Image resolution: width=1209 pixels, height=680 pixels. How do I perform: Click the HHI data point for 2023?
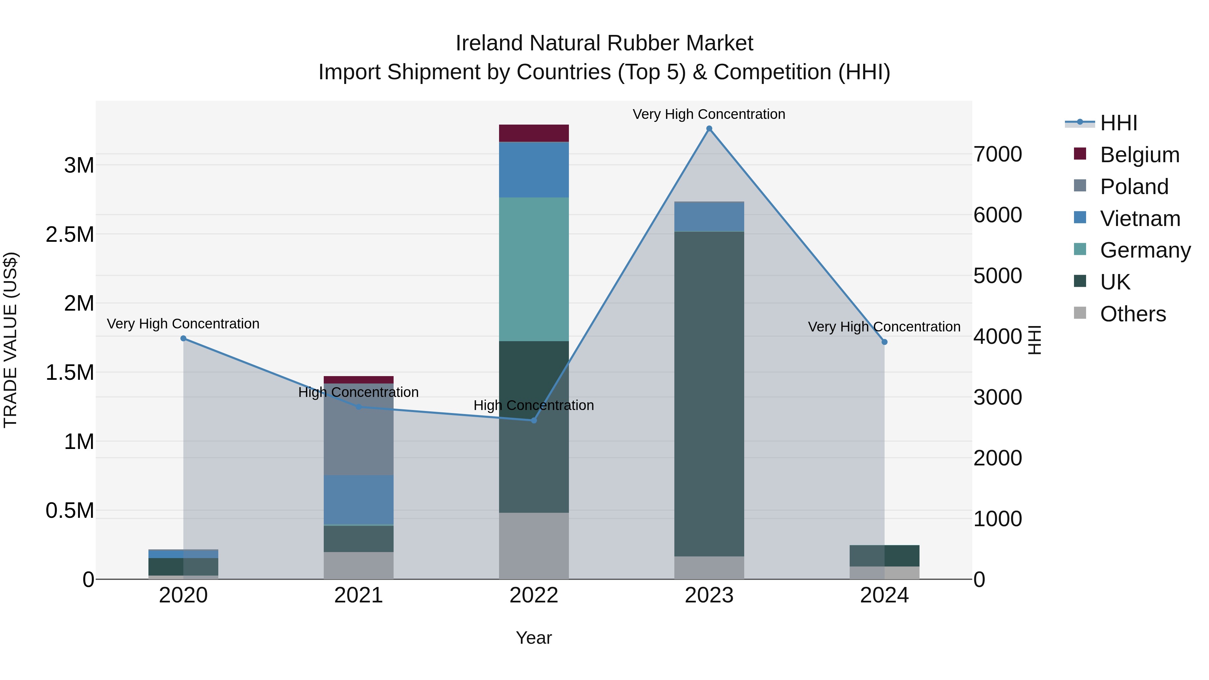point(709,129)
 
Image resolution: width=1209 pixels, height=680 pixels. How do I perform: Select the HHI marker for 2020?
point(183,338)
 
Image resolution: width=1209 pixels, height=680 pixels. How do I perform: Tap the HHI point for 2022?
point(534,420)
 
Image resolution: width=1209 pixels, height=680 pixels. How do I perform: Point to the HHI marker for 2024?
point(884,342)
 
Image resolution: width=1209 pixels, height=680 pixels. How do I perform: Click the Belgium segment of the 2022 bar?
point(534,133)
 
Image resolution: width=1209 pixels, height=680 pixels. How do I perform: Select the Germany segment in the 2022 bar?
point(534,269)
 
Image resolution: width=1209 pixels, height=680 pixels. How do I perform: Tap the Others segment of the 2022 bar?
point(534,545)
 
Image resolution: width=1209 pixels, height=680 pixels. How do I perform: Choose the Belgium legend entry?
point(1139,155)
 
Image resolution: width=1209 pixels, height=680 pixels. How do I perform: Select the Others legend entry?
point(1133,314)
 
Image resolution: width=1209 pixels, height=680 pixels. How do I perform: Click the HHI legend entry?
point(1118,123)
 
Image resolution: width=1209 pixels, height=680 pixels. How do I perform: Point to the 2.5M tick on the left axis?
point(70,234)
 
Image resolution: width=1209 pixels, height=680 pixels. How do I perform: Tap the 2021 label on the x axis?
point(359,595)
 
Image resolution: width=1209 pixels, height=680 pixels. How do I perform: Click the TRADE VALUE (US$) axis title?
point(11,340)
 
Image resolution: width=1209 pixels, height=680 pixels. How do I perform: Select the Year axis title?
point(534,638)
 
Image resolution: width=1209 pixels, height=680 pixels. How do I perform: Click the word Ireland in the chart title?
point(489,43)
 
